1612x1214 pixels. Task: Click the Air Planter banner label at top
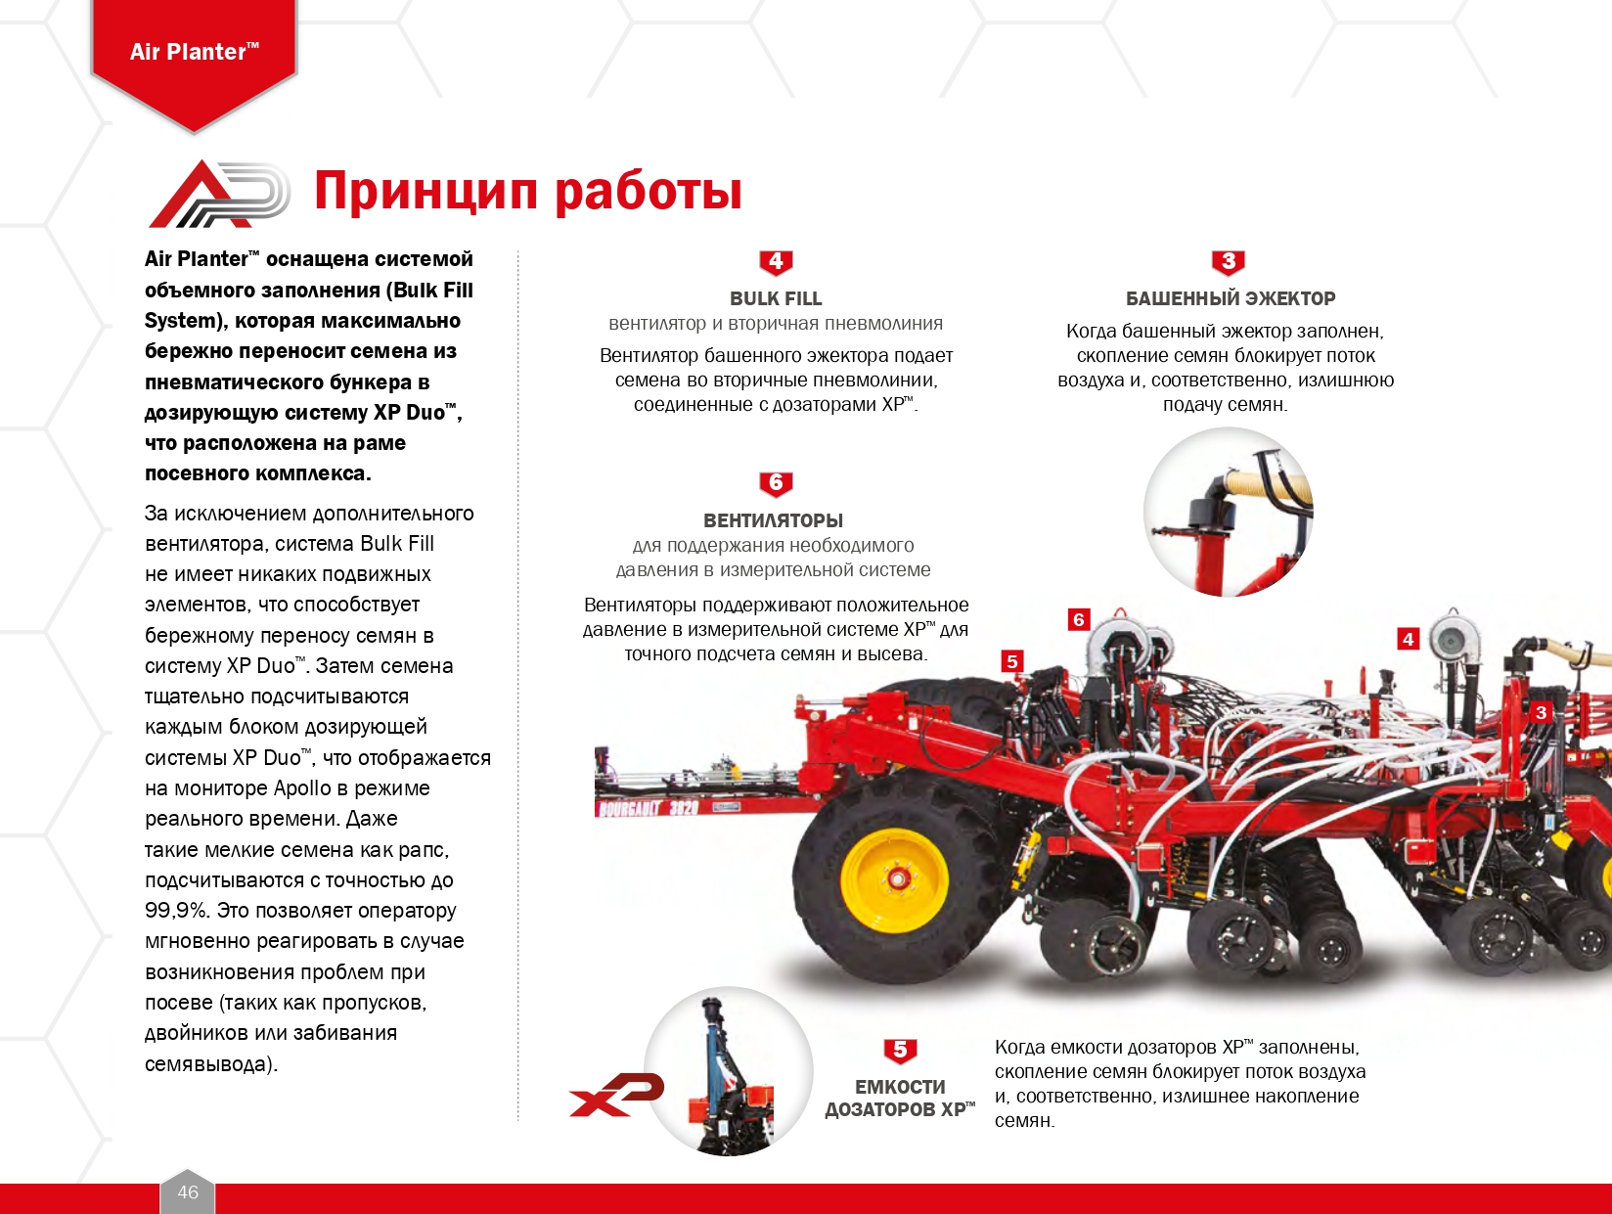coord(195,52)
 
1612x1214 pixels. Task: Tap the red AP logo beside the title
coord(218,194)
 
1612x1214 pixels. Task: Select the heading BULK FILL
coord(776,298)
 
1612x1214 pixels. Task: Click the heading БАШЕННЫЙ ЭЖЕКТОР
coord(1231,298)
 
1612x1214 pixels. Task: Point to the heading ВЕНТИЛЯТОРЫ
coord(774,520)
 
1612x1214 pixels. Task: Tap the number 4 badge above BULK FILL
coord(776,262)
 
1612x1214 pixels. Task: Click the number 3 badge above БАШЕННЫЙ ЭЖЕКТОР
coord(1228,262)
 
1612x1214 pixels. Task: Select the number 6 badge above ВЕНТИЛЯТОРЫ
coord(776,484)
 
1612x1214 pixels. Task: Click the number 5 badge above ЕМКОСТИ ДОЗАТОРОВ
coord(900,1051)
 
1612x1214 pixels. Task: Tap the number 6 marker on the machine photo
coord(1079,620)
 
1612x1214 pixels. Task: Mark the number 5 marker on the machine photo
coord(1012,661)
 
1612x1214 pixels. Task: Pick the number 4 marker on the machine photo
coord(1408,639)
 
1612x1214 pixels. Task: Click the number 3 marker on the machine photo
coord(1541,712)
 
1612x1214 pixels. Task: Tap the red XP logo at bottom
coord(617,1095)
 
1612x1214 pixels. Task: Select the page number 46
coord(188,1192)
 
